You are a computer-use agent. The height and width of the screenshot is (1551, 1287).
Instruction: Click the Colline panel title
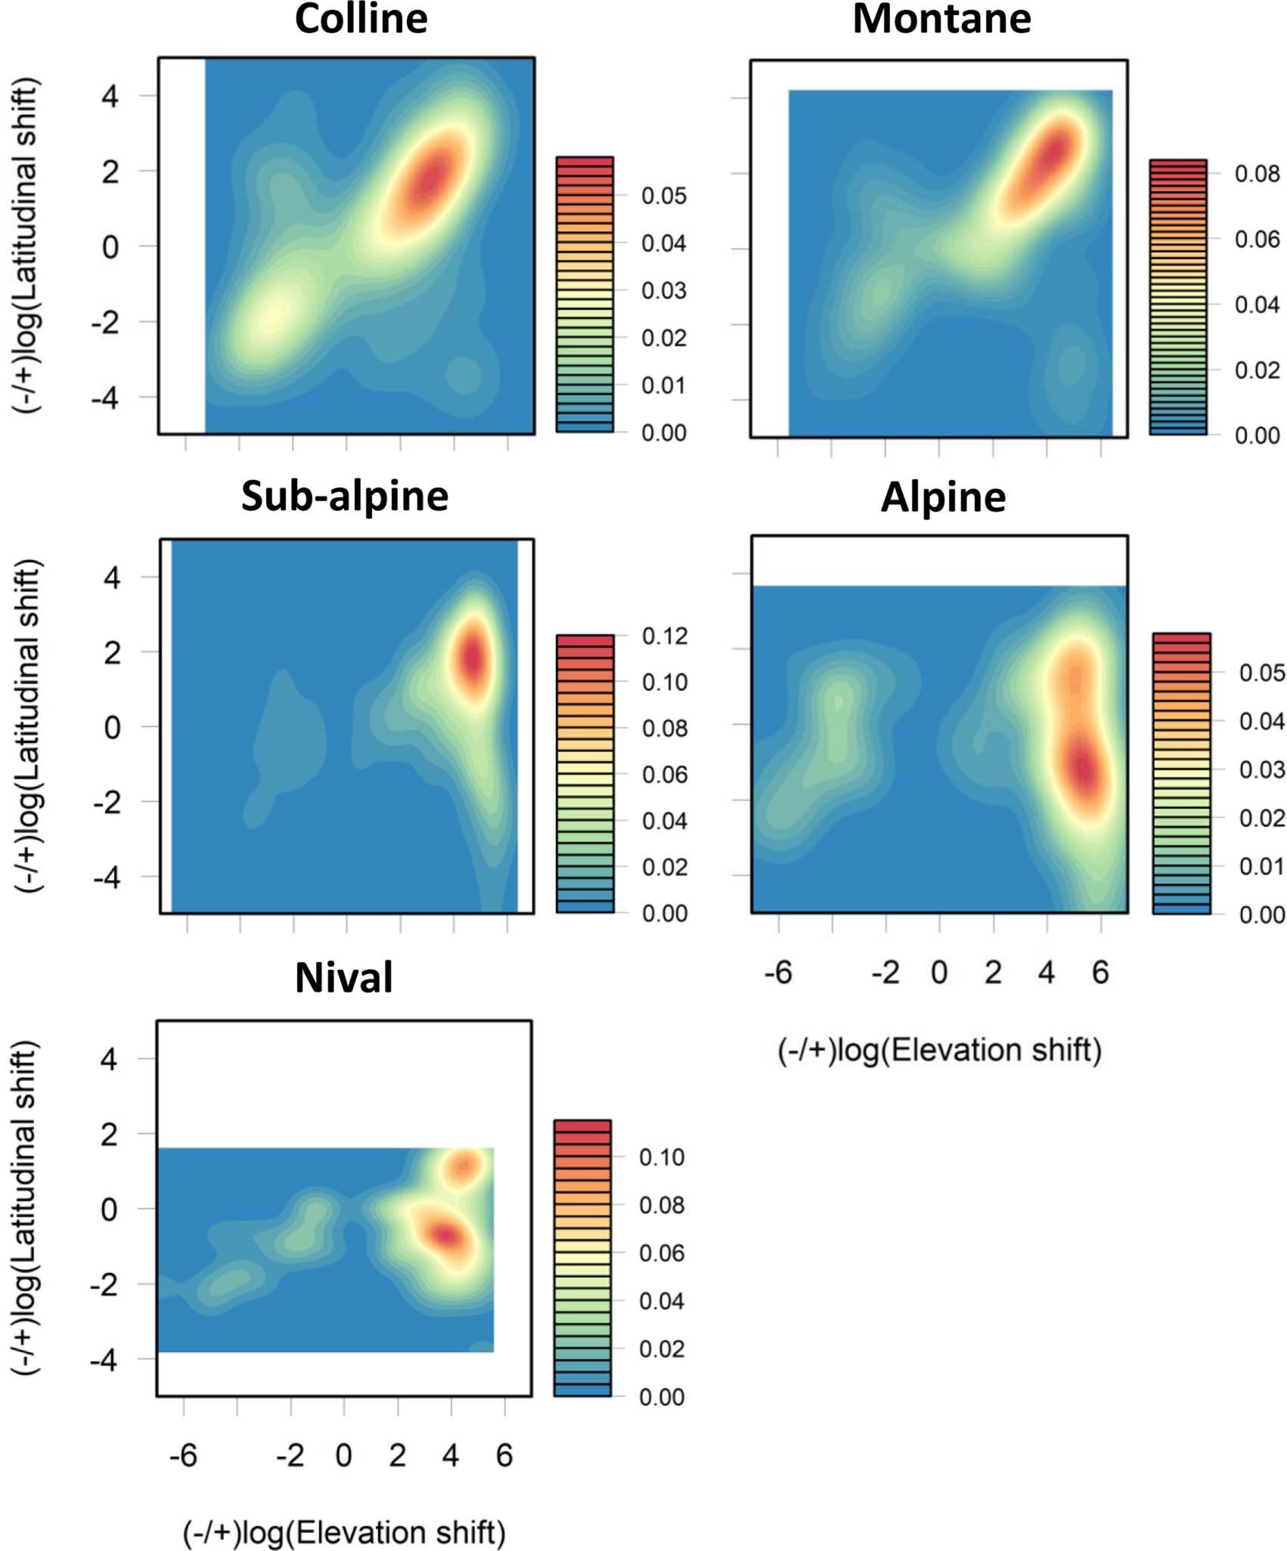click(x=361, y=20)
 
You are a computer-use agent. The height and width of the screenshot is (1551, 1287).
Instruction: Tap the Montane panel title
click(x=941, y=20)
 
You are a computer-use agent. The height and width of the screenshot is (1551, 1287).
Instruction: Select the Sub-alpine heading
click(x=345, y=497)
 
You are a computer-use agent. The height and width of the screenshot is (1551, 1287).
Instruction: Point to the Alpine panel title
click(x=943, y=498)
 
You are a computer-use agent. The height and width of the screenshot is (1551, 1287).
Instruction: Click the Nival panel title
click(x=344, y=977)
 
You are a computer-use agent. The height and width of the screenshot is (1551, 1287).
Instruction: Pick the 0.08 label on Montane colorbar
click(x=1257, y=174)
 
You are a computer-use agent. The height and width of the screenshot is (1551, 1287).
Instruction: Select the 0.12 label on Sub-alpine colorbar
click(x=665, y=636)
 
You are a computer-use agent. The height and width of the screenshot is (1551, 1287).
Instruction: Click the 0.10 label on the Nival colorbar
click(x=662, y=1157)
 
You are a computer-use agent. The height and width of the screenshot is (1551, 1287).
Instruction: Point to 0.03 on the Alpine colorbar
click(x=1261, y=769)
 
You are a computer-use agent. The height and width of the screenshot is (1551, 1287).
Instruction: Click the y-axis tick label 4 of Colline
click(x=110, y=96)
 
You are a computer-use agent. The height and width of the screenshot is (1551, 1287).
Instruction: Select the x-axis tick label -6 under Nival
click(x=183, y=1455)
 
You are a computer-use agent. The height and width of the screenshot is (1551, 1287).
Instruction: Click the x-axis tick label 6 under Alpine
click(x=1100, y=973)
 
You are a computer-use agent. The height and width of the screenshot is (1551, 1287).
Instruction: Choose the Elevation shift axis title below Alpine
click(x=940, y=1051)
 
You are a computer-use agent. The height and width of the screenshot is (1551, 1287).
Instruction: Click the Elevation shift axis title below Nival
click(x=344, y=1533)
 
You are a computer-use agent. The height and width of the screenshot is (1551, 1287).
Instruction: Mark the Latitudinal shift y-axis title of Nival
click(x=26, y=1208)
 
